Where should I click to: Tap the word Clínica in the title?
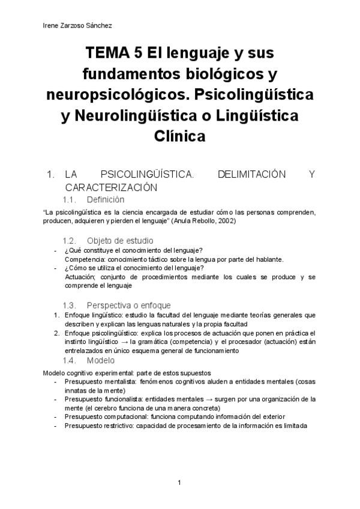pyautogui.click(x=180, y=136)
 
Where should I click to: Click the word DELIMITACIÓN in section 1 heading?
pyautogui.click(x=242, y=175)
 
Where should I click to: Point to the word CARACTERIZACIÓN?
pyautogui.click(x=111, y=187)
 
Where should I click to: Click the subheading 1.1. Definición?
pyautogui.click(x=94, y=199)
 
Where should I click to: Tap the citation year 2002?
pyautogui.click(x=224, y=221)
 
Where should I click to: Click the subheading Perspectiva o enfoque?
pyautogui.click(x=128, y=305)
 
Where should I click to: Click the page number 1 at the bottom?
pyautogui.click(x=179, y=482)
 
